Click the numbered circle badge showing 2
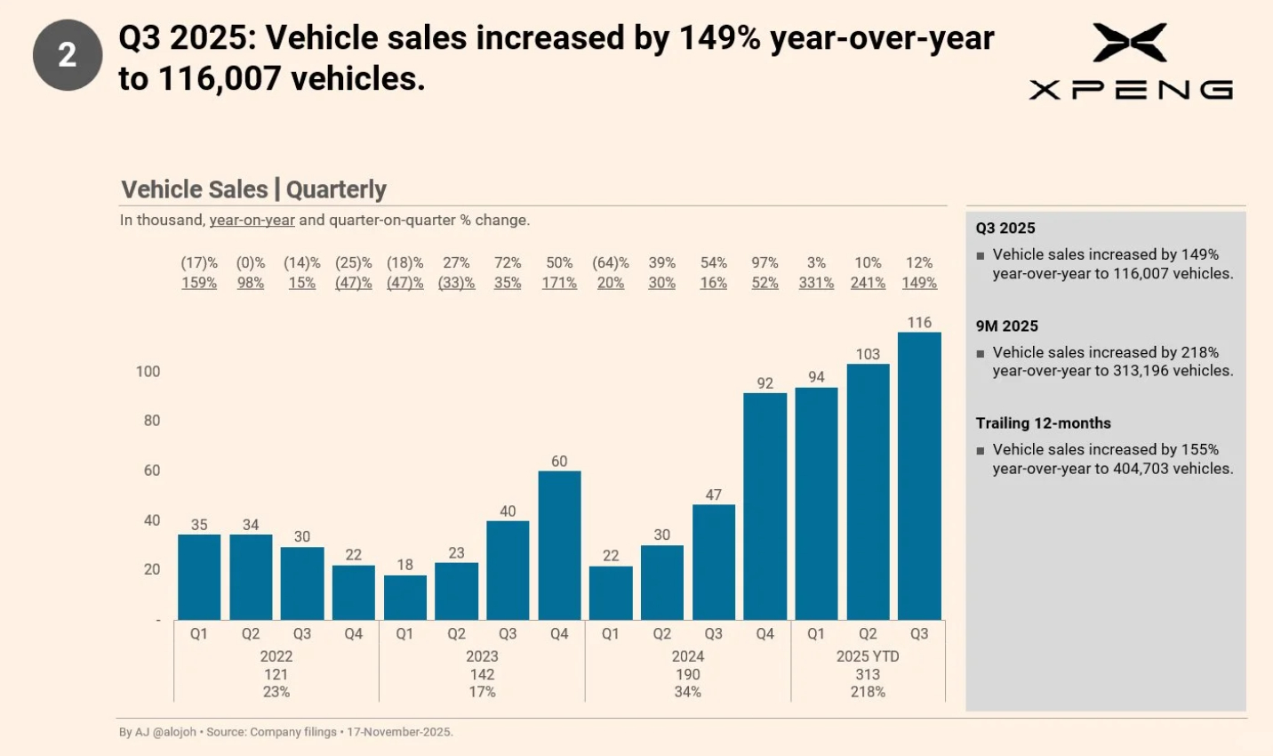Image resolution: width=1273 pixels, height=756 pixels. (x=68, y=56)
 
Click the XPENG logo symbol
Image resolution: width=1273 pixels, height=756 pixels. (x=1130, y=43)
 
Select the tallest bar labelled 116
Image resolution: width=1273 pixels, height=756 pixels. (x=919, y=476)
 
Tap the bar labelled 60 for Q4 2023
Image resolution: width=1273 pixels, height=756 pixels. (x=559, y=545)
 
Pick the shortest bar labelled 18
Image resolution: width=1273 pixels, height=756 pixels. (x=404, y=598)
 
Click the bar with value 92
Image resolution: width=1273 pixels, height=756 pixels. (x=765, y=506)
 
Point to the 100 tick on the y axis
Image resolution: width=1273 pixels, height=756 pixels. (x=148, y=372)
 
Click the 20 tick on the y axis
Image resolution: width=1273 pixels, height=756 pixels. (x=152, y=569)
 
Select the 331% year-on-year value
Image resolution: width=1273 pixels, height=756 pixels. (x=816, y=283)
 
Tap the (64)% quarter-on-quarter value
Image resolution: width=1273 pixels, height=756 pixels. (x=611, y=263)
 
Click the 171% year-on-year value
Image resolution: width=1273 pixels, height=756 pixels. (x=559, y=283)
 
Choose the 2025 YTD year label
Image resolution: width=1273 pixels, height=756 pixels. (x=868, y=656)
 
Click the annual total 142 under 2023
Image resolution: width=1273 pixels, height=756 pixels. (x=482, y=674)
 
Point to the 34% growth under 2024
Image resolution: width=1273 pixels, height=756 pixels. (x=688, y=692)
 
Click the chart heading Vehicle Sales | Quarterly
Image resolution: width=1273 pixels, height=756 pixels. (x=253, y=189)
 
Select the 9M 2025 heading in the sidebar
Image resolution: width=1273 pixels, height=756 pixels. (x=1007, y=326)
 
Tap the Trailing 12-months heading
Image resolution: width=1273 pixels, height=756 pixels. (x=1044, y=423)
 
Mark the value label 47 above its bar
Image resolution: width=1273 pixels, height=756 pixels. (x=714, y=495)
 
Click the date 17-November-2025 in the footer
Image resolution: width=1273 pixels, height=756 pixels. (x=399, y=732)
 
